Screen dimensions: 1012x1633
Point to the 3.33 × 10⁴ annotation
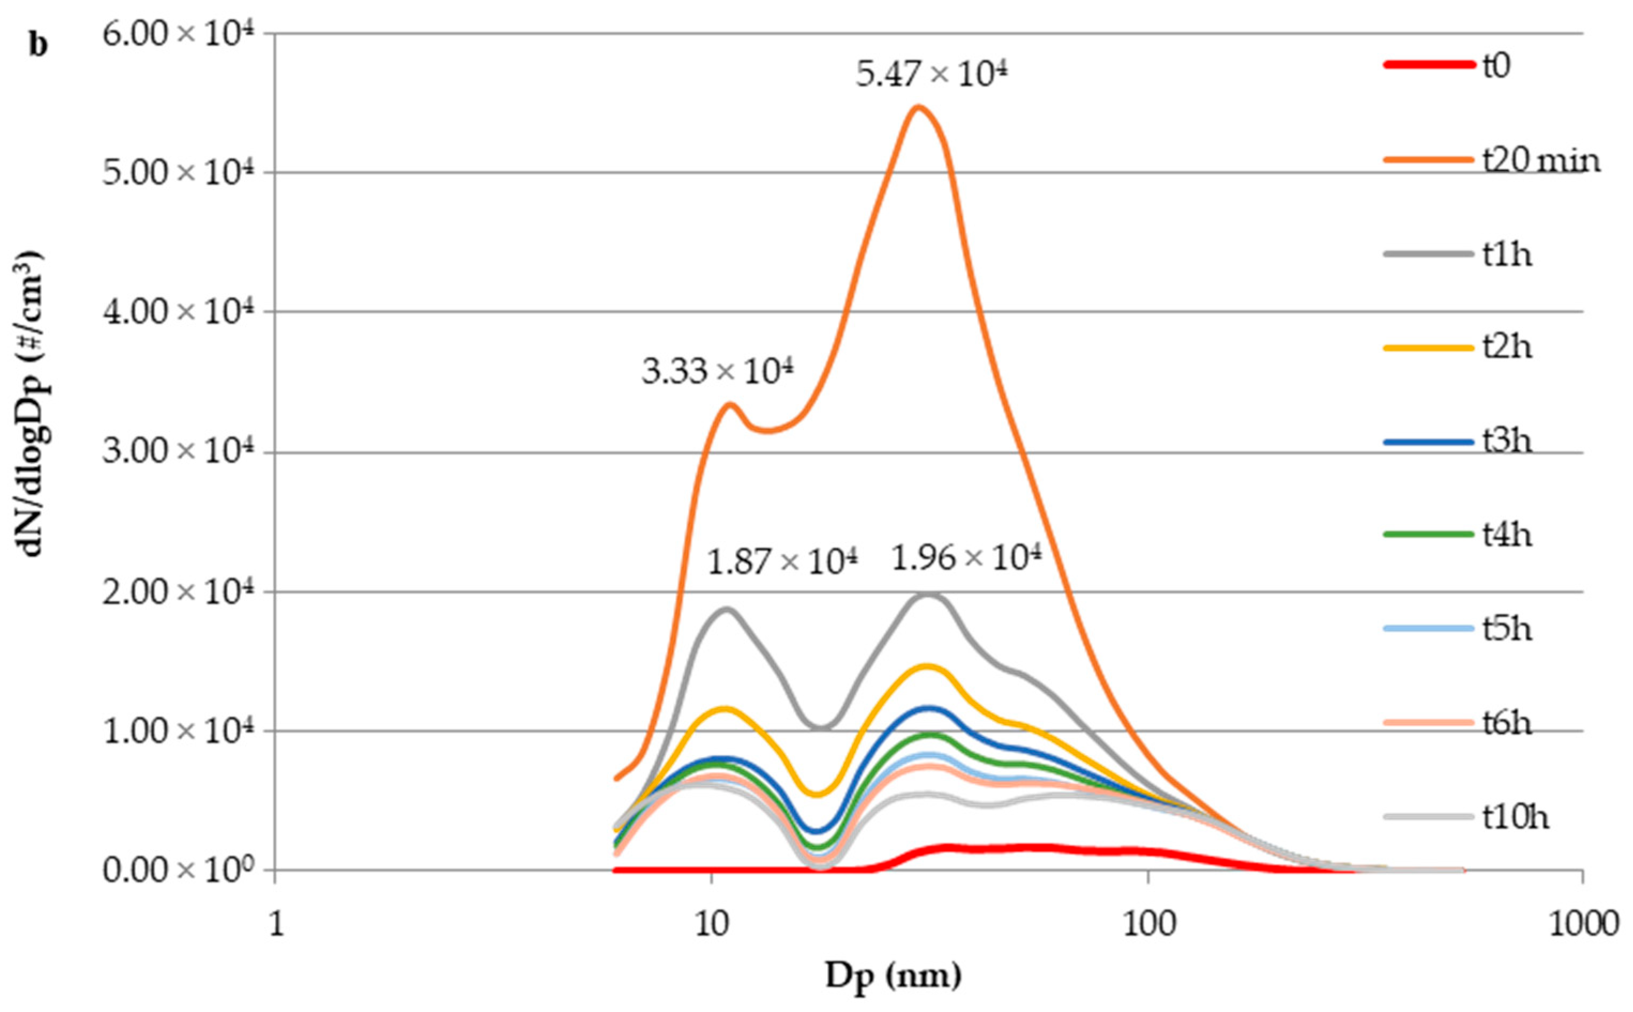[x=717, y=371]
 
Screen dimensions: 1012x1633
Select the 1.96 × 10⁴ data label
[x=967, y=557]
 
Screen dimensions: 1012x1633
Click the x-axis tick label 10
[x=711, y=924]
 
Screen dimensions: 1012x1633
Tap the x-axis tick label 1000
[x=1583, y=924]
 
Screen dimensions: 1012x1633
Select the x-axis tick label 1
[x=275, y=924]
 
